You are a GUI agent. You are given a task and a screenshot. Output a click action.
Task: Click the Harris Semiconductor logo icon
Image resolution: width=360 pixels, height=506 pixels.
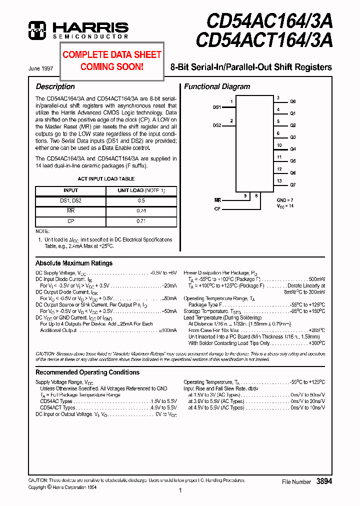click(37, 30)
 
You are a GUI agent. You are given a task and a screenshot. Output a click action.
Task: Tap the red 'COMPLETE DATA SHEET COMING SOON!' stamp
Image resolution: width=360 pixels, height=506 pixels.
click(112, 60)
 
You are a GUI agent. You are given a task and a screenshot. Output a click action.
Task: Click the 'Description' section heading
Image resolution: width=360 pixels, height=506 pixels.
click(55, 86)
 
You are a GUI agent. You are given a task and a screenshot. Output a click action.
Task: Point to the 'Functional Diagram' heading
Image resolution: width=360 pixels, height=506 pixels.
click(217, 86)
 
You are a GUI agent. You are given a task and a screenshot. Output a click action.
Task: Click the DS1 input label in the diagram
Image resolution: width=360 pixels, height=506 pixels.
click(217, 107)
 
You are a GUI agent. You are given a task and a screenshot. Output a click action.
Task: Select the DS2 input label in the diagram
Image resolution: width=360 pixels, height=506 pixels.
click(217, 125)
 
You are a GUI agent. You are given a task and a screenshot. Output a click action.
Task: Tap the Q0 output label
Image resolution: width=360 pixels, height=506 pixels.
click(293, 101)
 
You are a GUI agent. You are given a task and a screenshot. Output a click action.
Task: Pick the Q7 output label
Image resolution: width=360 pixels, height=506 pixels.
click(293, 185)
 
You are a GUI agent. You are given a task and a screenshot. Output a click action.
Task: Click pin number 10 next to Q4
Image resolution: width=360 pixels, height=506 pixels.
click(279, 145)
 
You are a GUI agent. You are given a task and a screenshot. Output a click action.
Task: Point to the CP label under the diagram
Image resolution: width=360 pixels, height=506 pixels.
click(217, 208)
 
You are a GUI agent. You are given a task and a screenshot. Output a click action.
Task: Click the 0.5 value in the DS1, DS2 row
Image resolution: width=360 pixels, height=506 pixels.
click(141, 200)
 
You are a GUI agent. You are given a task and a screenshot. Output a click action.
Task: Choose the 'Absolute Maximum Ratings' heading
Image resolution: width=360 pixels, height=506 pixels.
click(74, 263)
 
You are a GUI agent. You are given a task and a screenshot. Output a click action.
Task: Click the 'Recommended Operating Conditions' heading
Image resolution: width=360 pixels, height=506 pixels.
click(87, 372)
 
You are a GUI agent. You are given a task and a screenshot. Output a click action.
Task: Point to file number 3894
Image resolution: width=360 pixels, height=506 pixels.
click(324, 481)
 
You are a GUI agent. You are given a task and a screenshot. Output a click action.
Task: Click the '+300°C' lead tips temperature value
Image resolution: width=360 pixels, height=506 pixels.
click(316, 343)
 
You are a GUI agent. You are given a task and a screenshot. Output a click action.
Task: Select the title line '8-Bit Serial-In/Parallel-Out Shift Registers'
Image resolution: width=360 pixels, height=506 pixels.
click(251, 67)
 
